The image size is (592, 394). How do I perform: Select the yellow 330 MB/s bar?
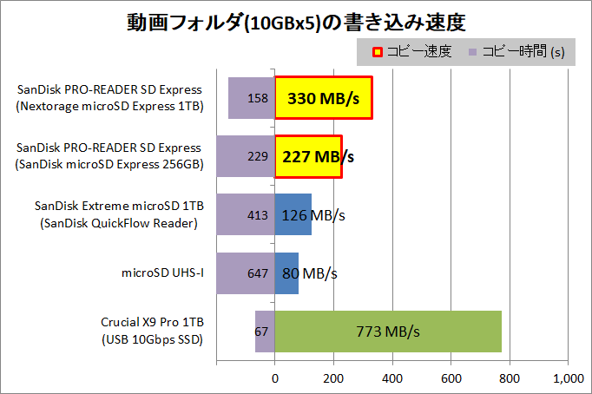click(x=323, y=97)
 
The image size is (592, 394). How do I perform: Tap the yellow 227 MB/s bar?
click(x=308, y=156)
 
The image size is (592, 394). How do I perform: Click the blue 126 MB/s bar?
click(x=293, y=214)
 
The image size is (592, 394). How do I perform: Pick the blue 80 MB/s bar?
click(x=286, y=273)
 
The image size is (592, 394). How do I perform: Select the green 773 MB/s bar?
click(x=388, y=332)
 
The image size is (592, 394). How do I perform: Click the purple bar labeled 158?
click(x=252, y=97)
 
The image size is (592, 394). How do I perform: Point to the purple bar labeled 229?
click(x=246, y=156)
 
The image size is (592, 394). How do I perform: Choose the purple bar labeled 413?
click(x=246, y=214)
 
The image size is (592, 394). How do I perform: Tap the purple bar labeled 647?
click(x=246, y=273)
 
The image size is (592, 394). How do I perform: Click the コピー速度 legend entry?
click(x=412, y=51)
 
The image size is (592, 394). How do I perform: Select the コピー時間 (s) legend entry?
click(x=516, y=51)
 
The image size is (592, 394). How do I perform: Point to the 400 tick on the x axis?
click(x=392, y=378)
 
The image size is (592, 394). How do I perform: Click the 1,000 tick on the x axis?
click(x=568, y=378)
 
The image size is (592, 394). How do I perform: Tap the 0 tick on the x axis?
click(x=275, y=378)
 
